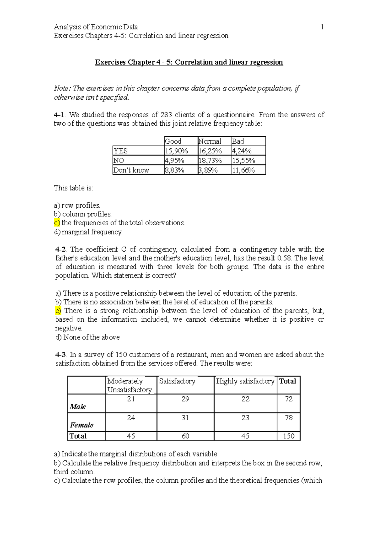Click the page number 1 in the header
pos(322,27)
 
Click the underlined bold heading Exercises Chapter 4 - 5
pos(189,62)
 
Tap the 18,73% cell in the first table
pos(210,161)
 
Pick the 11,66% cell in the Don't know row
pos(243,170)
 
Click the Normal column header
pos(210,141)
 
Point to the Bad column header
pos(238,141)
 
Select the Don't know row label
pos(131,170)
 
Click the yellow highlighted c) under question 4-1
pos(57,223)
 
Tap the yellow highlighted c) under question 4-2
pos(58,311)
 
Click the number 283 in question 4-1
pos(166,115)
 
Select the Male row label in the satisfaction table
pos(78,407)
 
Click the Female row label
pos(82,425)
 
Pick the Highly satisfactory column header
pos(245,381)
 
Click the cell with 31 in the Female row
pos(185,418)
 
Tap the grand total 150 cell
pos(289,436)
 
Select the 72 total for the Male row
pos(289,399)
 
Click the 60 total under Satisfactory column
pos(185,436)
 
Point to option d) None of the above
pos(88,337)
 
